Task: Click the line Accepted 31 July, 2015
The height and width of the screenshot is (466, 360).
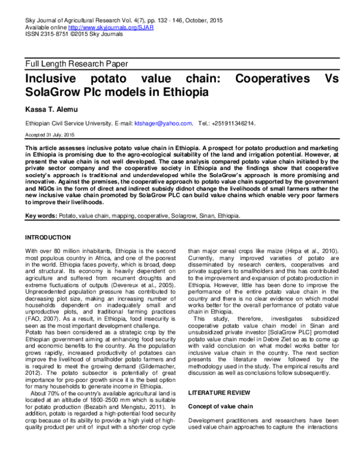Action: tap(50, 135)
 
